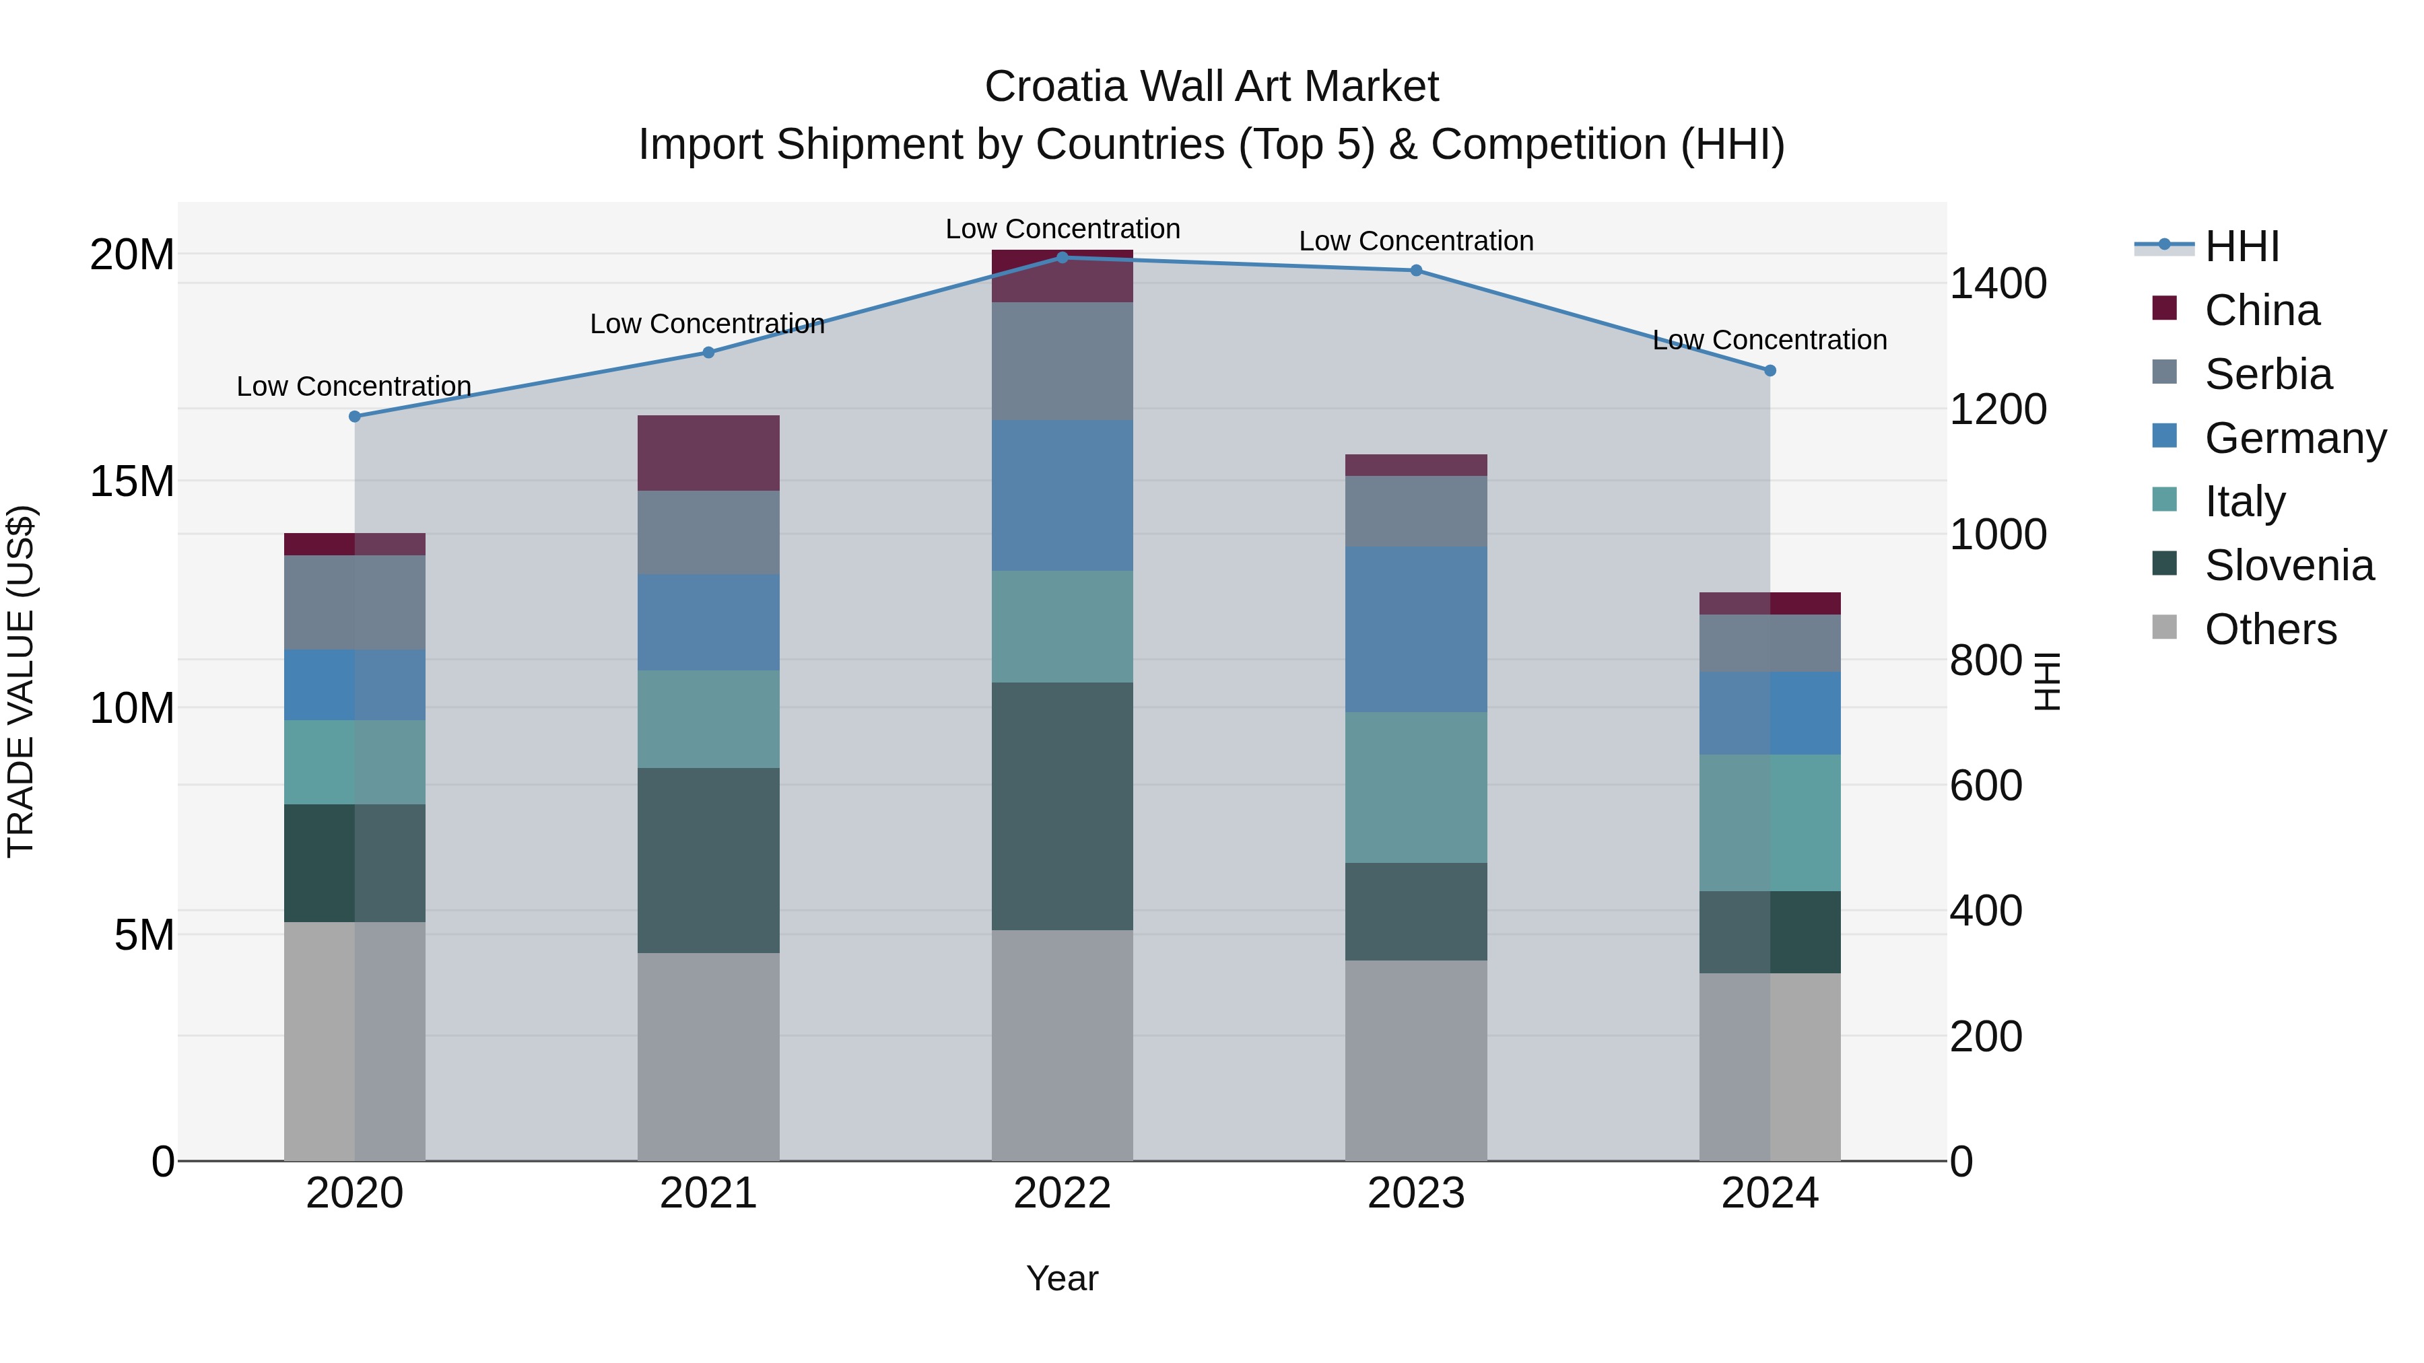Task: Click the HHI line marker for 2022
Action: (x=1063, y=257)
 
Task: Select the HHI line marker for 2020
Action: (x=355, y=417)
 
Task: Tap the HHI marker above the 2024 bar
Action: (x=1770, y=371)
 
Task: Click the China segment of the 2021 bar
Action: (x=708, y=452)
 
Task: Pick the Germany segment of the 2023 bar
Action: (x=1416, y=629)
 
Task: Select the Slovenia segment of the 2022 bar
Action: (x=1063, y=806)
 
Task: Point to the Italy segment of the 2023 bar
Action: (x=1416, y=788)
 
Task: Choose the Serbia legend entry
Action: (x=2268, y=374)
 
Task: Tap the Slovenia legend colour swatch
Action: (x=2164, y=565)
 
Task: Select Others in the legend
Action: (x=2270, y=629)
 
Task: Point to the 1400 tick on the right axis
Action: (x=1998, y=284)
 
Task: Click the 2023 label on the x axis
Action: (x=1416, y=1193)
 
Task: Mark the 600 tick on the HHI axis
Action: (x=1986, y=785)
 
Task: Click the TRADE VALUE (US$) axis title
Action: (x=21, y=681)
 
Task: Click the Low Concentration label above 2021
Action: (x=707, y=324)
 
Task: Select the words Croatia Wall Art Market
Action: (x=1211, y=87)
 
